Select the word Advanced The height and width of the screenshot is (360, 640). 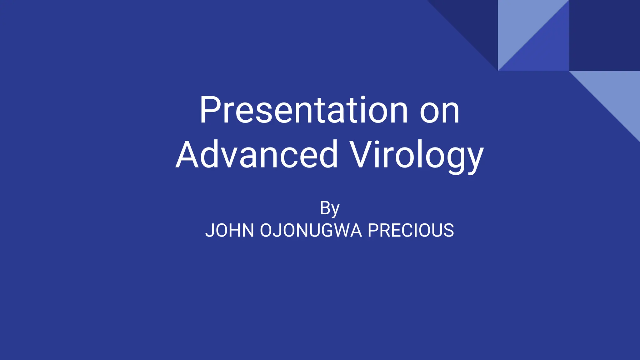(257, 155)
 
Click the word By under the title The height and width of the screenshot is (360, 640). (329, 208)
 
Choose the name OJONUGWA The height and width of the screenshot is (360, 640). (311, 230)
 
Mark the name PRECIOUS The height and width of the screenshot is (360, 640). (411, 230)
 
